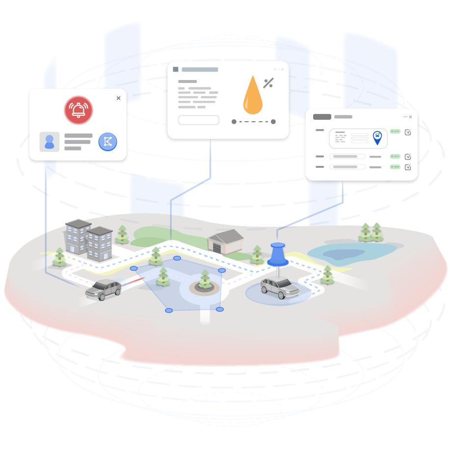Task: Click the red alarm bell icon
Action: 78,110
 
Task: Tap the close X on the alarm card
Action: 118,98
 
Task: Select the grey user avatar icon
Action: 50,141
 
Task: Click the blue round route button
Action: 107,141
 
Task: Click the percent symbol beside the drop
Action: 268,83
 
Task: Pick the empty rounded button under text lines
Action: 198,120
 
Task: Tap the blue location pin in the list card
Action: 377,137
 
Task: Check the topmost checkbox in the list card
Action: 408,132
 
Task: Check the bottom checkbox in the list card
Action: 408,167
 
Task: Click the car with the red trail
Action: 104,289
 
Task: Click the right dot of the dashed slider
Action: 273,122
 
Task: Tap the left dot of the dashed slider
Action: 234,122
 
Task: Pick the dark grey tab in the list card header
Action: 322,117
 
